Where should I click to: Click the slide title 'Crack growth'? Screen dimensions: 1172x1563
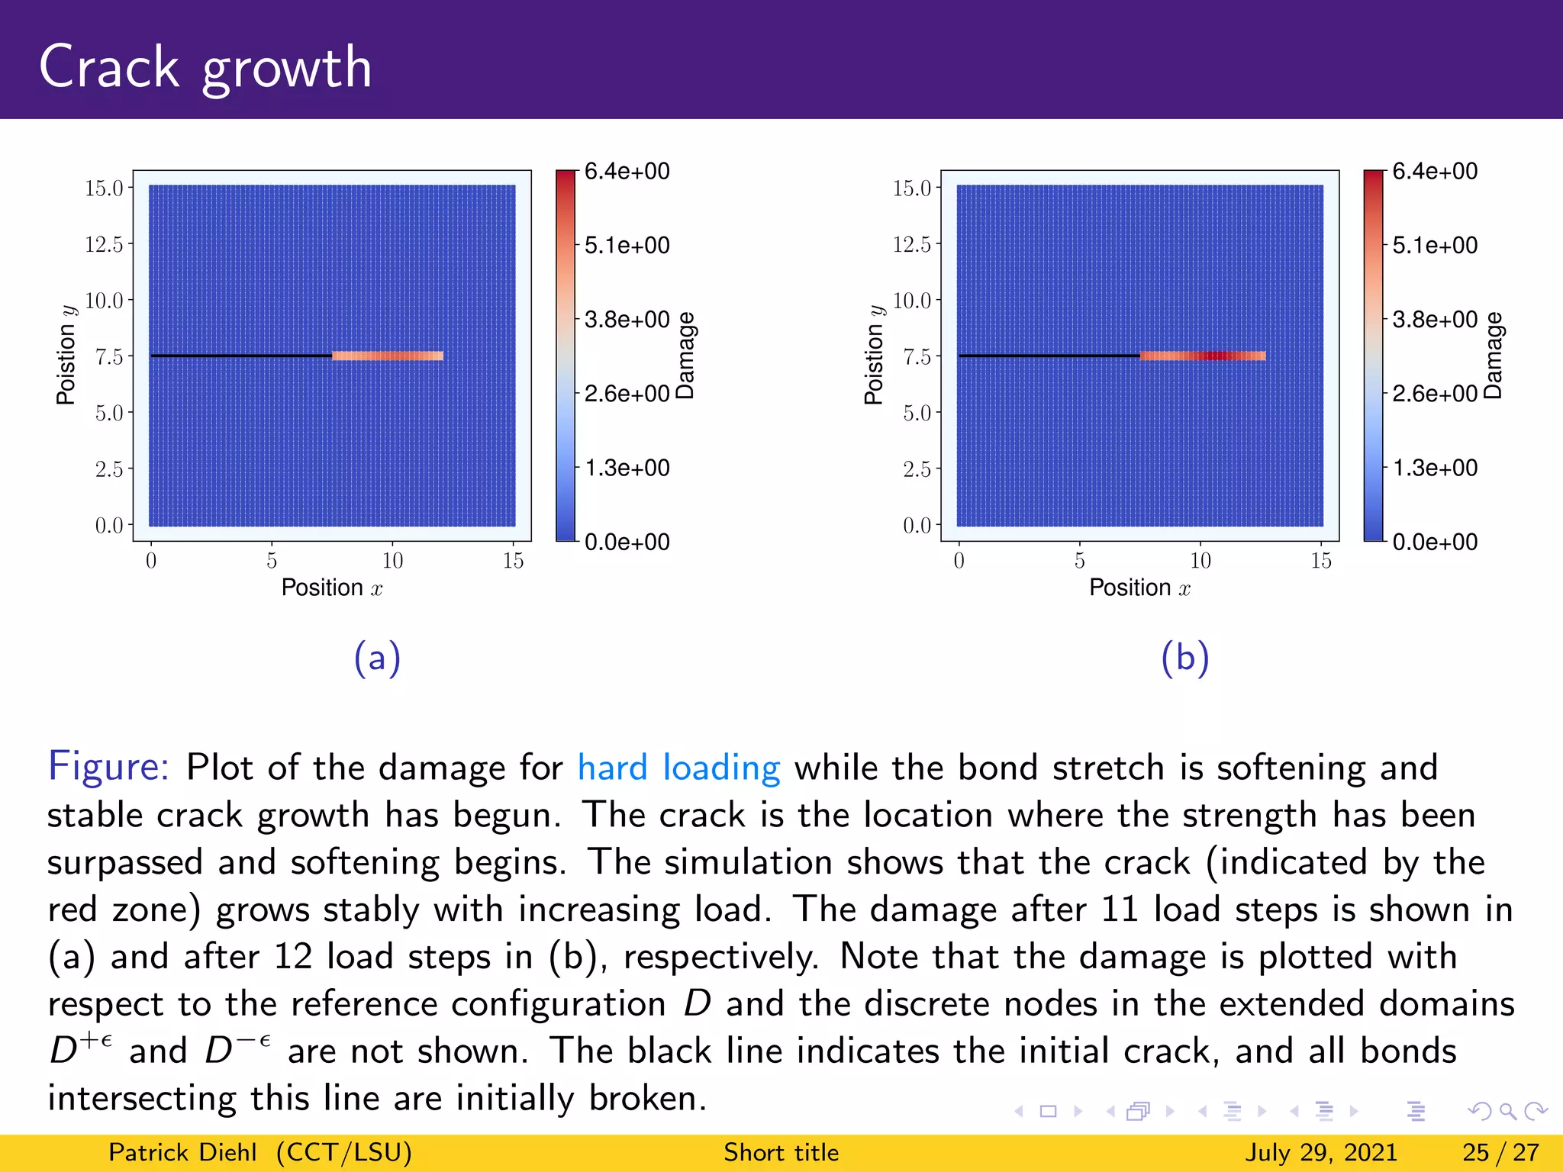(205, 67)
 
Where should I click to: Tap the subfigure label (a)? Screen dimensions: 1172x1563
(377, 658)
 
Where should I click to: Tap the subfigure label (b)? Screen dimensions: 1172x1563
(1184, 658)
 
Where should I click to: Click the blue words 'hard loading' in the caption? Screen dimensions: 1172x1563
(678, 768)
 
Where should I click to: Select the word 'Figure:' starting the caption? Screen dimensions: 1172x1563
(108, 766)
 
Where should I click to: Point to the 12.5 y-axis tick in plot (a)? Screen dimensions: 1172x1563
(104, 244)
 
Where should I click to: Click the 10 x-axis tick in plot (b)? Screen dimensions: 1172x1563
(1200, 561)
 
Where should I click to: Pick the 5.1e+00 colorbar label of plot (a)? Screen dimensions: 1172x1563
(627, 246)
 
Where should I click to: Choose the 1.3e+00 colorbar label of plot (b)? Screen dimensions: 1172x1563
(1435, 468)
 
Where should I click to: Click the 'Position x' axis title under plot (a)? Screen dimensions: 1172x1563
(331, 588)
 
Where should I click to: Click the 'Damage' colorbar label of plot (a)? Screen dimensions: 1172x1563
(685, 356)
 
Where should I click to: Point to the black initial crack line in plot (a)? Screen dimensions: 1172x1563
(241, 356)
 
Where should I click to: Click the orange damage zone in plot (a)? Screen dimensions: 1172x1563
(388, 356)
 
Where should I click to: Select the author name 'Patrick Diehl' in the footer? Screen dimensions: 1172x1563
(182, 1152)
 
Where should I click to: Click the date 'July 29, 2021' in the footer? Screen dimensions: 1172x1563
(1321, 1152)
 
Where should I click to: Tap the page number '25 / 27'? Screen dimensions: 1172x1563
(1500, 1152)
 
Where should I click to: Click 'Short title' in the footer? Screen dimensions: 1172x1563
(781, 1152)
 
